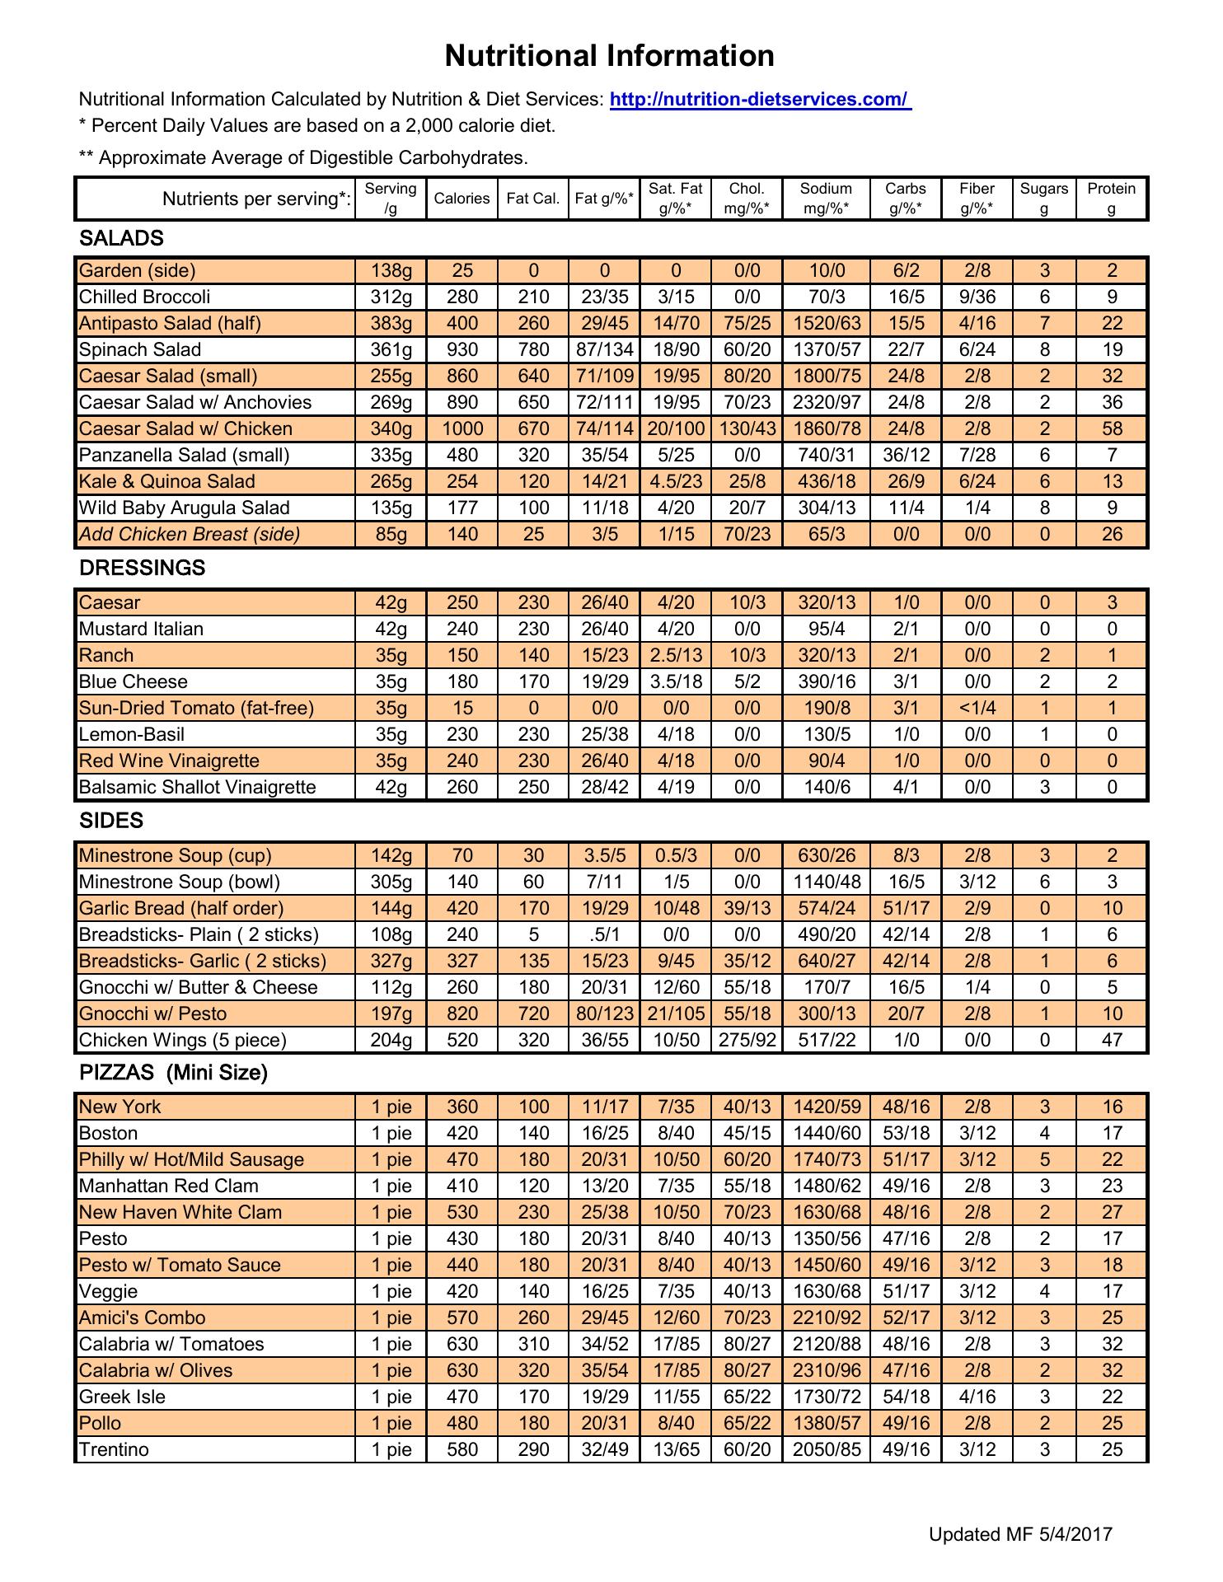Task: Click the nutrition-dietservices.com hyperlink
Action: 760,100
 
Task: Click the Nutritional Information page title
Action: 609,56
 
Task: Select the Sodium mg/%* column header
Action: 826,198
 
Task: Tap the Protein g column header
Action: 1111,198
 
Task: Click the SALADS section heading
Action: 121,238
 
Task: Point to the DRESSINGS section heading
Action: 142,568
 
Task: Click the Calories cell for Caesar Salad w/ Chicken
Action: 462,428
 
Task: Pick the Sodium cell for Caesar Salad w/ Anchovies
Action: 826,402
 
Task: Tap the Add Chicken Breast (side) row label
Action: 190,534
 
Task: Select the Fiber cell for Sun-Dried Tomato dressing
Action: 977,708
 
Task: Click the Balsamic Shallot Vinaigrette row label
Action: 197,787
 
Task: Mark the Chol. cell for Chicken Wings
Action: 747,1040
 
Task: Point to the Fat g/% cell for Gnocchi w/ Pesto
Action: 604,1013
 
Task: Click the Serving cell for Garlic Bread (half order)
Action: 391,908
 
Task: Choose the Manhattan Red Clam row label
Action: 169,1186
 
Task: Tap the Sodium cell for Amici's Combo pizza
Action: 826,1318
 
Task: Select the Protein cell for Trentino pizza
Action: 1112,1449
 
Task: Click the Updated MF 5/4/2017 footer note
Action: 1020,1533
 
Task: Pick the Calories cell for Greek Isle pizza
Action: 462,1397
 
